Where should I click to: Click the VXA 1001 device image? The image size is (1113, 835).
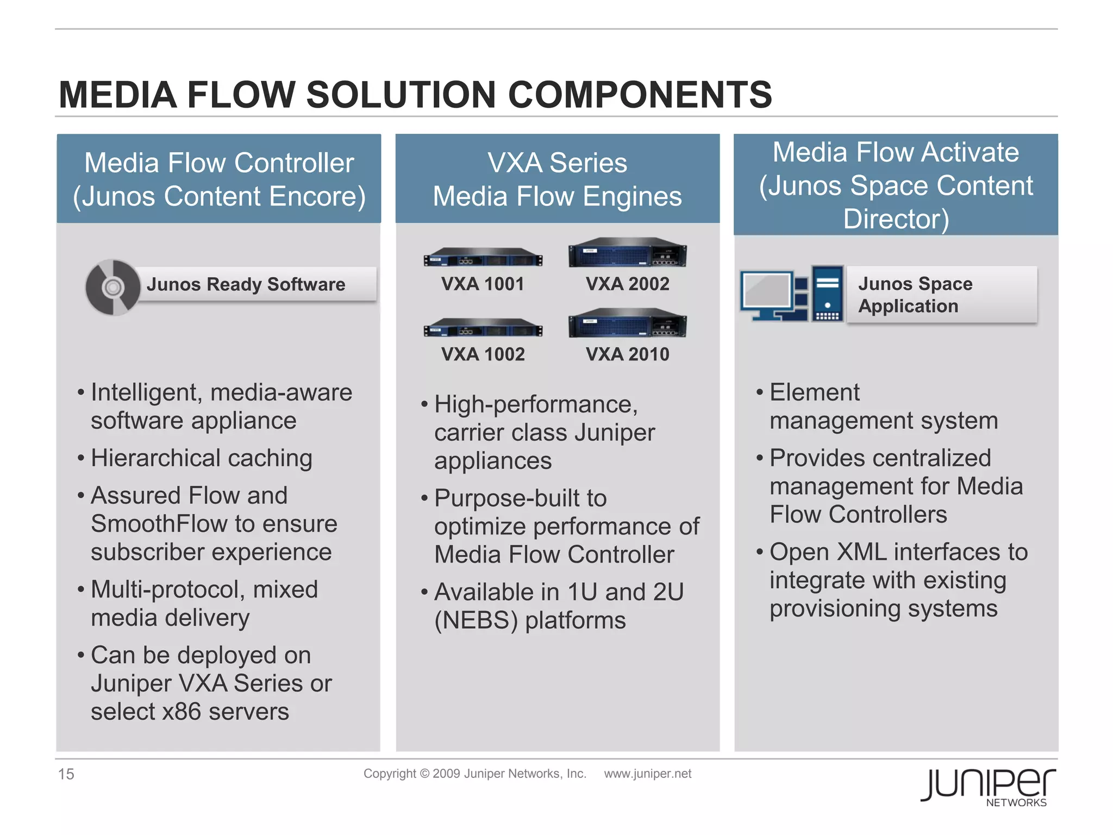[x=483, y=257]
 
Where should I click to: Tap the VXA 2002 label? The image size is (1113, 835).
[x=627, y=284]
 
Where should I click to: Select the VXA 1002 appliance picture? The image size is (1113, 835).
[x=483, y=328]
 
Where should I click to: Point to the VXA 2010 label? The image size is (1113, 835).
[x=627, y=354]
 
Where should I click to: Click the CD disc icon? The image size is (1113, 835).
[x=113, y=287]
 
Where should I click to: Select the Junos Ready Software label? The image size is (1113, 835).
[x=246, y=284]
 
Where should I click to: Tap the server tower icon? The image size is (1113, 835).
[x=827, y=294]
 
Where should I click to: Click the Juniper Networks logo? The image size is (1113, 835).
[x=987, y=786]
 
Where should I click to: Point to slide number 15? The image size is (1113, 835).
[x=66, y=774]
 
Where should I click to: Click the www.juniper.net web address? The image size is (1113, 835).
[x=647, y=774]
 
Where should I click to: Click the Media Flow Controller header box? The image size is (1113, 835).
[x=219, y=179]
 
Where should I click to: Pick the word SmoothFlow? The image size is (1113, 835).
[x=160, y=524]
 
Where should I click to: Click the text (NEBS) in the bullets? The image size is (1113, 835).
[x=476, y=620]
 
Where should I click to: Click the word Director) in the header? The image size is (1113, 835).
[x=896, y=219]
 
